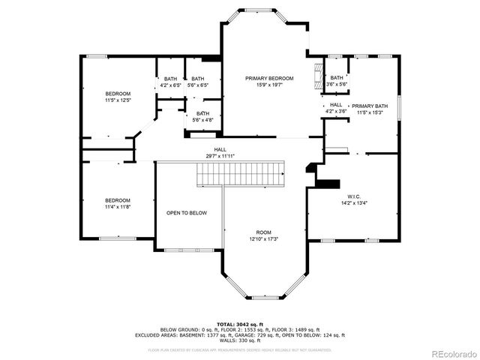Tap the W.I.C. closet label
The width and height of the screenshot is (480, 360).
(x=354, y=196)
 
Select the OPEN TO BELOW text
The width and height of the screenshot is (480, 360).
(x=187, y=213)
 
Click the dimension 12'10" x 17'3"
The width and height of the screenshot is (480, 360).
(x=263, y=238)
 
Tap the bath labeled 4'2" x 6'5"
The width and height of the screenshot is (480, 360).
(x=171, y=85)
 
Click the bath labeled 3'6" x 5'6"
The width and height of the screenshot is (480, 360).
(x=337, y=85)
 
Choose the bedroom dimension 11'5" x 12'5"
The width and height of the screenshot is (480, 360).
(x=118, y=100)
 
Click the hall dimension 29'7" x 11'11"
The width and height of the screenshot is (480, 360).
(x=220, y=156)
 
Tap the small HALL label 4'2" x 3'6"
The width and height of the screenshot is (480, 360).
(x=336, y=111)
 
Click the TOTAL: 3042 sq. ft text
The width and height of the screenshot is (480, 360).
(x=239, y=323)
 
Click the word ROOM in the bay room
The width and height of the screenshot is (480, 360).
(x=263, y=232)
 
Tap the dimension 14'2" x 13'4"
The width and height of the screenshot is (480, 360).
(x=354, y=202)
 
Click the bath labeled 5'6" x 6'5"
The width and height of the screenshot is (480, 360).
(x=198, y=85)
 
